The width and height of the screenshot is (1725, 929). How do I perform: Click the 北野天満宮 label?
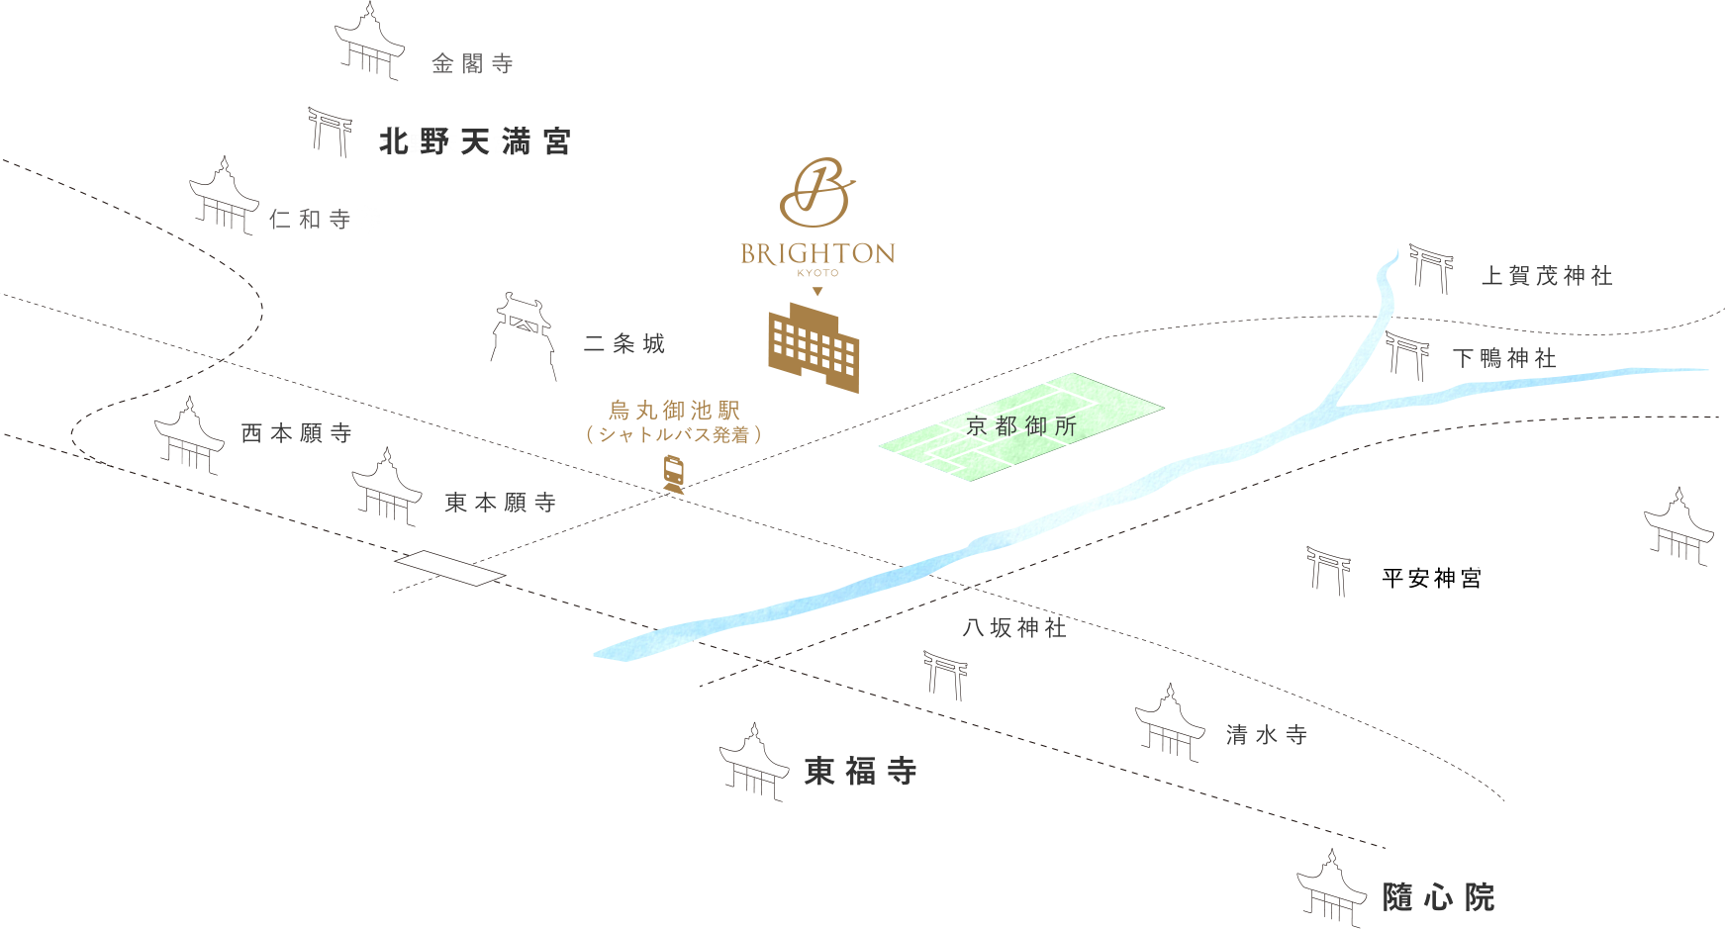coord(474,142)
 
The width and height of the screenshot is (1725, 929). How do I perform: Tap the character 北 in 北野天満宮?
coord(394,142)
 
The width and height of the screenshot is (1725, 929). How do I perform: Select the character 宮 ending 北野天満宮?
coord(556,142)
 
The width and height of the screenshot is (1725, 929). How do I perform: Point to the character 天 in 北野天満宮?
coord(475,142)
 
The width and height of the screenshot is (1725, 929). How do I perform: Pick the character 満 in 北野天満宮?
coord(515,142)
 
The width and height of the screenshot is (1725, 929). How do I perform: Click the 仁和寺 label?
coord(311,219)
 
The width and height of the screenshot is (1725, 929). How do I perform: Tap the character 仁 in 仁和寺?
coord(280,219)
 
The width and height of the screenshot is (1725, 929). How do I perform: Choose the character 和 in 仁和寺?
coord(311,219)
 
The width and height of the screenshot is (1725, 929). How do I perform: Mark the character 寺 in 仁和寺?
coord(340,219)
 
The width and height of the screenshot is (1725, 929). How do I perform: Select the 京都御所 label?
coord(1020,426)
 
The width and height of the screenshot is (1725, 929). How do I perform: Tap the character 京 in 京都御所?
coord(977,426)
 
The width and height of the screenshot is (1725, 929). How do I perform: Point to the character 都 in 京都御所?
coord(1006,426)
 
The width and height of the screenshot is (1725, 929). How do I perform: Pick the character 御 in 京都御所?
coord(1036,426)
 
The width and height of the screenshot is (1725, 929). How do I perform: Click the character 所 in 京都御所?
coord(1066,426)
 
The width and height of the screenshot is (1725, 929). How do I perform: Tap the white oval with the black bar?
coord(1435,580)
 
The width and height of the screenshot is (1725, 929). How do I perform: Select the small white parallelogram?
coord(450,568)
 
